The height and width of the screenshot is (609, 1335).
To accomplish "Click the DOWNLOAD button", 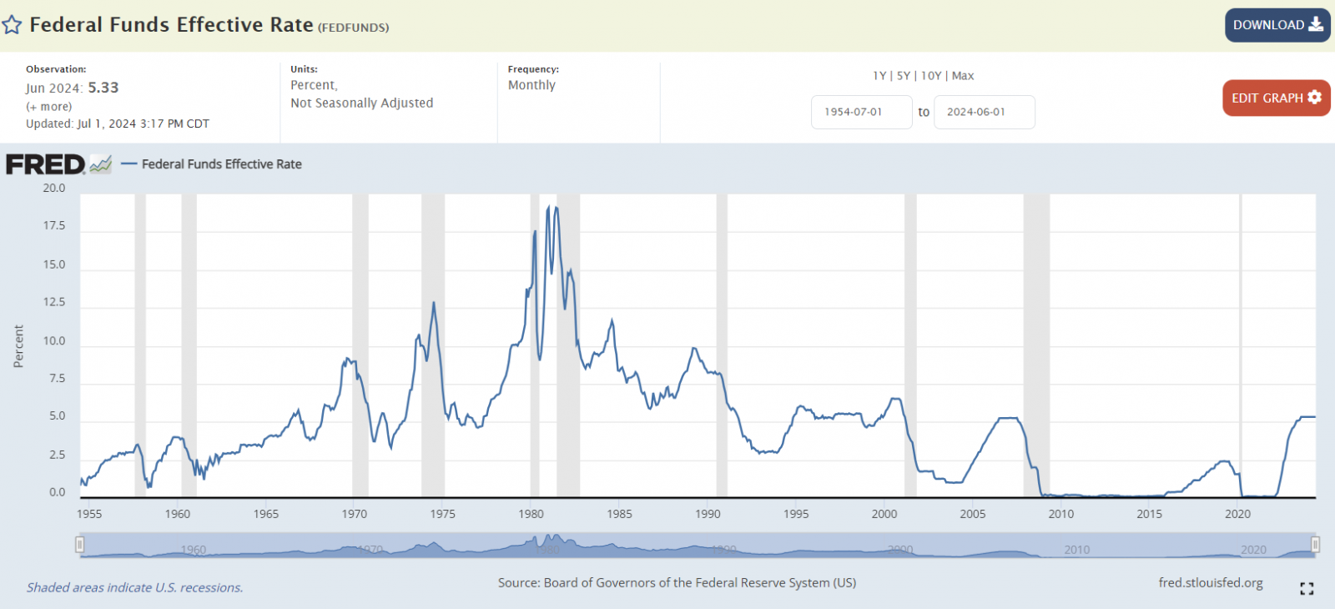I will click(x=1277, y=25).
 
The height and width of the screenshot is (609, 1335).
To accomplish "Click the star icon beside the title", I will click(x=12, y=25).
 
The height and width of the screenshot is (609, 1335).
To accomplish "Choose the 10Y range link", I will click(x=931, y=76).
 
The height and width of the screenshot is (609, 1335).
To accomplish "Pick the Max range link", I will click(x=963, y=76).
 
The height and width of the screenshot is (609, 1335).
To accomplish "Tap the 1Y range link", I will click(x=879, y=76).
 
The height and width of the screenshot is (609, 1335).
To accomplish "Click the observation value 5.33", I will click(x=103, y=88).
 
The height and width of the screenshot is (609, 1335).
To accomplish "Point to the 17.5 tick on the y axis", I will click(x=53, y=226).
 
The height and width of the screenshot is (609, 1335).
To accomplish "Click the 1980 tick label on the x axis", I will click(x=531, y=514).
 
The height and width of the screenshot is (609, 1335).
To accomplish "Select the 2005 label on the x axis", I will click(x=973, y=514).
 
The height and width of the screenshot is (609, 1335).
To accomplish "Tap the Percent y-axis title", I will click(x=18, y=346).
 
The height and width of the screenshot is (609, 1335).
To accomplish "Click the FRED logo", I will click(x=46, y=164).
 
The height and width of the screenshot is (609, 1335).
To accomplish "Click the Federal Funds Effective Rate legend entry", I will click(x=221, y=164).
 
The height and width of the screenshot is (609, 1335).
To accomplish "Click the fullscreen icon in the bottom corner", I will click(x=1307, y=589).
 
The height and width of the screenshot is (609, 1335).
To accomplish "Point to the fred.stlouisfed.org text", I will click(x=1210, y=583).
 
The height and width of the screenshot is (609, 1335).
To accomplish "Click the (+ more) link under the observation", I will click(x=49, y=107).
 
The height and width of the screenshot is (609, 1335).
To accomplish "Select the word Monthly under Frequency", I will click(x=531, y=85).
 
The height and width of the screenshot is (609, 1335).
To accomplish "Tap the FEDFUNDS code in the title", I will click(x=354, y=28).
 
